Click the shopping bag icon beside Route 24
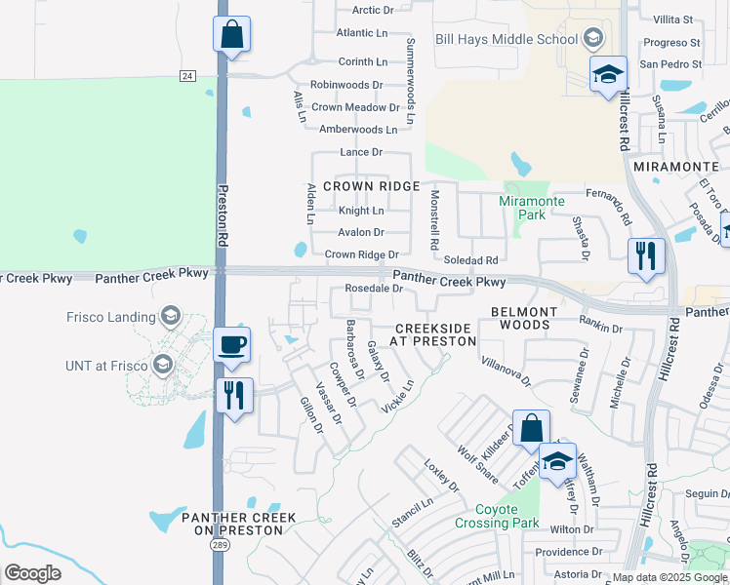coord(232,35)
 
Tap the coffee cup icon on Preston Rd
coord(232,345)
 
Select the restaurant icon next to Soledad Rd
coord(646,256)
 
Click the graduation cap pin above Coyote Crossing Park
coord(557,462)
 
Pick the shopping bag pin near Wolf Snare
coord(531,428)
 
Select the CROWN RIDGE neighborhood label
coord(371,186)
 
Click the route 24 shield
coord(187,75)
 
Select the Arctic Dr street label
coord(372,11)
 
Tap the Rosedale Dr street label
coord(374,289)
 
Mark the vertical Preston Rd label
coord(223,215)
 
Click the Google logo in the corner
coord(32,572)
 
